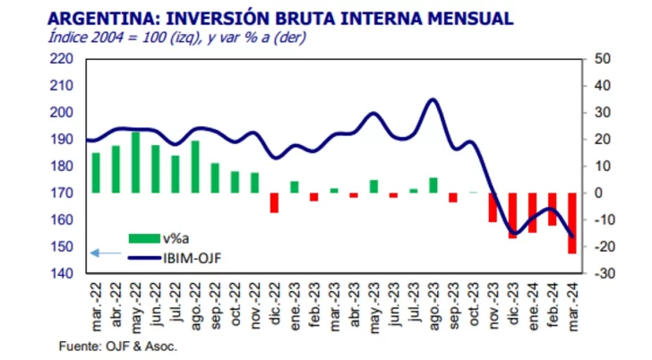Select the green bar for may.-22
click(x=135, y=162)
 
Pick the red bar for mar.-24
click(x=570, y=223)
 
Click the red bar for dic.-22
click(x=274, y=202)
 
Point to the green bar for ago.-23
click(x=433, y=185)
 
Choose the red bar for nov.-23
click(x=493, y=207)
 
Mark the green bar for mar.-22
click(x=96, y=173)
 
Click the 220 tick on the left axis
click(x=62, y=59)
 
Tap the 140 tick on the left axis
click(x=62, y=273)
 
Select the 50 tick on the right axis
click(x=604, y=59)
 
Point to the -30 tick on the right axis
click(x=604, y=273)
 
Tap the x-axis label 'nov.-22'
click(x=257, y=305)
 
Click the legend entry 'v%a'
click(x=174, y=237)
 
